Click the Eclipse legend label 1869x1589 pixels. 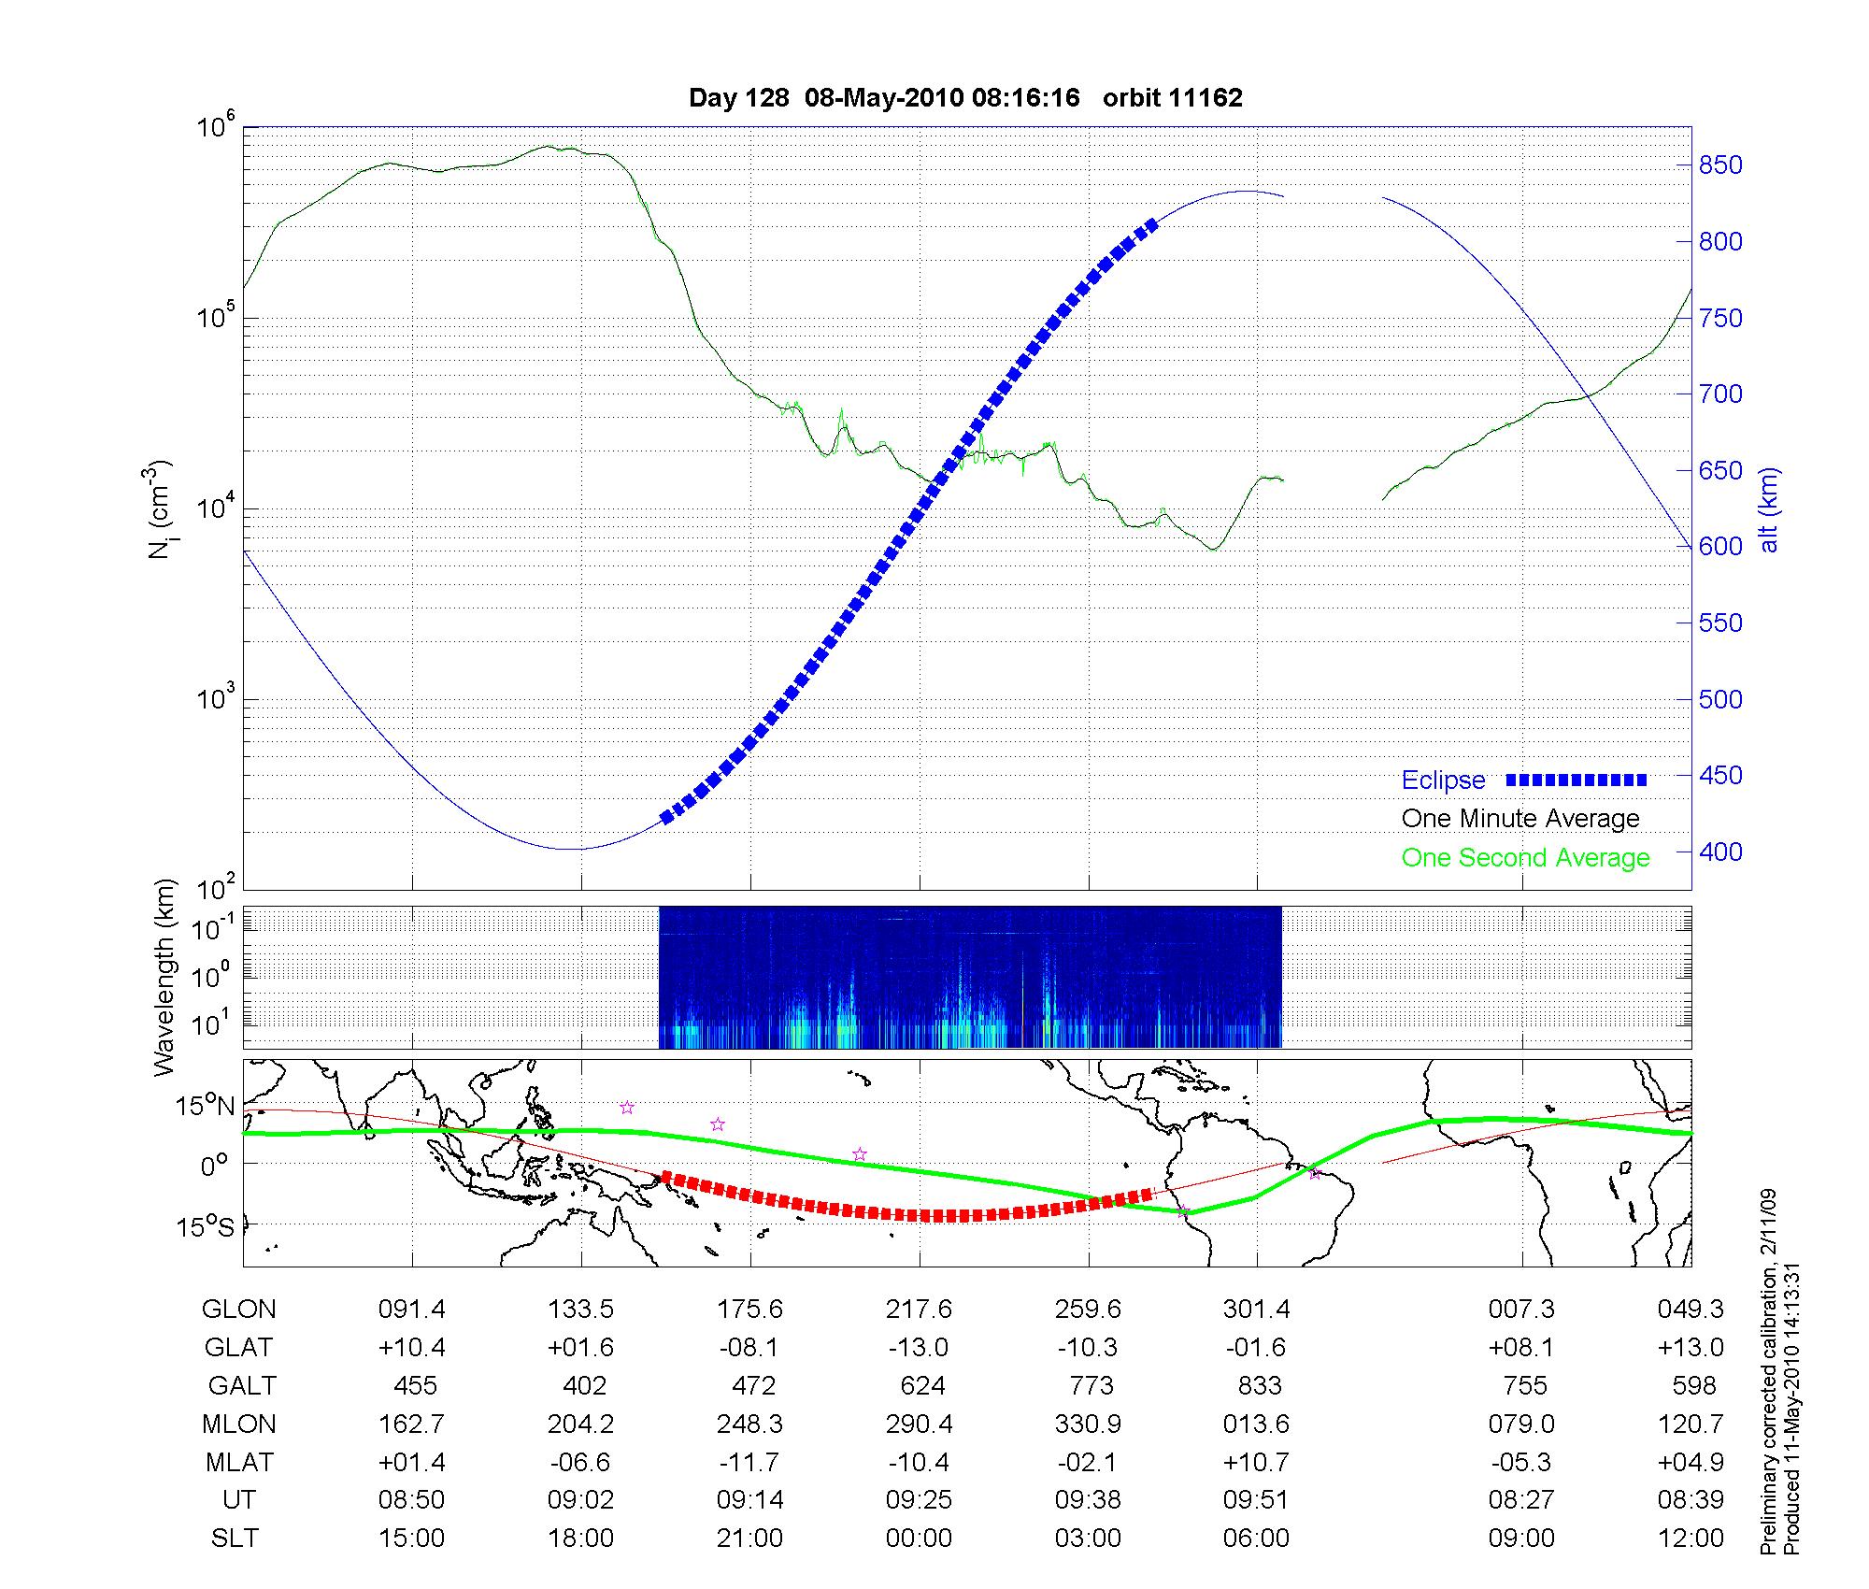coord(1443,780)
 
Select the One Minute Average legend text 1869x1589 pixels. coord(1520,819)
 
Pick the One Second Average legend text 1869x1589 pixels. coord(1525,858)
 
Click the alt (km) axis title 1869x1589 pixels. coord(1769,510)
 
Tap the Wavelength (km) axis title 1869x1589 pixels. coord(164,977)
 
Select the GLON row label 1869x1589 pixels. coord(238,1310)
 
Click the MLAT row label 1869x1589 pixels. coord(238,1462)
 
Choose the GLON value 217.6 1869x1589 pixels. coord(919,1310)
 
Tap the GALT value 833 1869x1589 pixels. coord(1258,1385)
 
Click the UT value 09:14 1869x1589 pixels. coord(749,1500)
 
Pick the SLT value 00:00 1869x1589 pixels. coord(919,1539)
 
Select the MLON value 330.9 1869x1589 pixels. coord(1088,1424)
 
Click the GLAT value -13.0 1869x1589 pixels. coord(919,1347)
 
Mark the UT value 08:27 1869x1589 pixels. coord(1521,1500)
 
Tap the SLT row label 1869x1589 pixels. coord(235,1539)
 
